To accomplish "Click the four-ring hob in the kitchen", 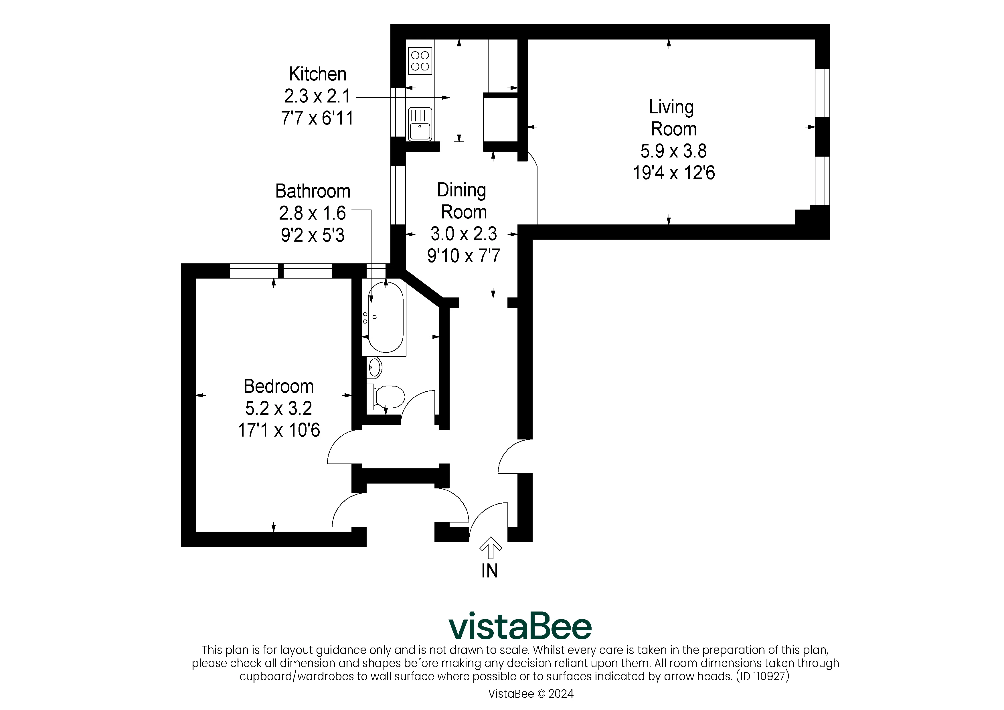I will (x=420, y=61).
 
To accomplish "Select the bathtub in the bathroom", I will (x=385, y=317).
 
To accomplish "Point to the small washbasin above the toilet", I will (x=375, y=368).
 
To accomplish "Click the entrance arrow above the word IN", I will (x=490, y=548).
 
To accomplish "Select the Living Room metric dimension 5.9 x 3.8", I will (x=673, y=151).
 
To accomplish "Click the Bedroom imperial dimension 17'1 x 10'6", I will (x=278, y=430).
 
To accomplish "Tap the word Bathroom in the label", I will (x=313, y=191).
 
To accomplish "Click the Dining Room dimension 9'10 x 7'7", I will (x=464, y=255).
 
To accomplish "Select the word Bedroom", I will (x=278, y=386).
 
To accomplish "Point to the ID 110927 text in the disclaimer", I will (x=763, y=676).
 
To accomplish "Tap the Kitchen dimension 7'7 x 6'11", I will (x=317, y=118).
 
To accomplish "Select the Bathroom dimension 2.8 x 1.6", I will (x=312, y=213).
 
